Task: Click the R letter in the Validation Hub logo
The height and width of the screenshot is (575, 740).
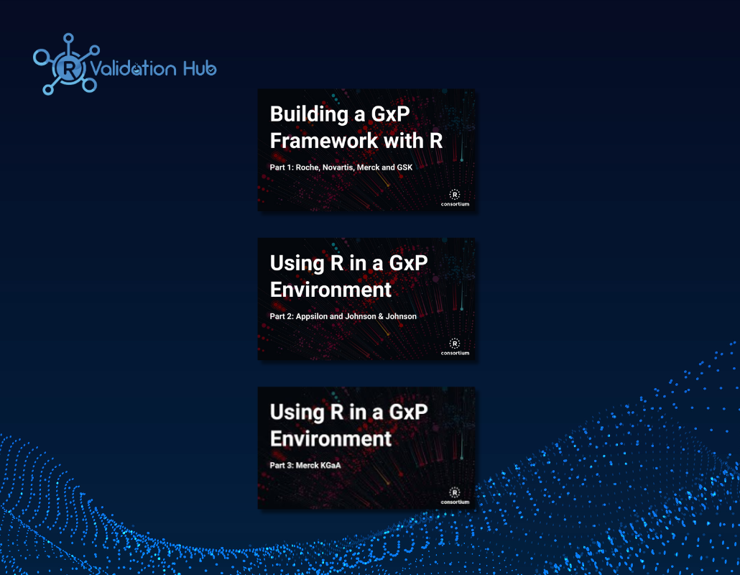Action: click(x=69, y=68)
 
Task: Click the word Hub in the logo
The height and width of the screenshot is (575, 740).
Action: click(x=200, y=68)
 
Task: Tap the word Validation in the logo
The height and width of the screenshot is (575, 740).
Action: click(x=133, y=68)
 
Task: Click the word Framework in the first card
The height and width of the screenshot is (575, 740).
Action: click(x=324, y=141)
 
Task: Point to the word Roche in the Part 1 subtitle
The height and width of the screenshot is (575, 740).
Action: click(x=307, y=167)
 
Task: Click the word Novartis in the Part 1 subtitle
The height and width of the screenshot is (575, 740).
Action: click(x=338, y=167)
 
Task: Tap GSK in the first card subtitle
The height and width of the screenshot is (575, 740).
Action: click(x=404, y=167)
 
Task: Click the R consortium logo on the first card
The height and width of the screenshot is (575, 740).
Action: click(x=455, y=198)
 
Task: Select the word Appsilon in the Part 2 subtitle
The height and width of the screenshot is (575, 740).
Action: click(x=312, y=317)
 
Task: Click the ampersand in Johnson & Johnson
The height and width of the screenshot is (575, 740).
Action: click(x=381, y=316)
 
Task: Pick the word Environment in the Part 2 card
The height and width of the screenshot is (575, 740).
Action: click(x=330, y=290)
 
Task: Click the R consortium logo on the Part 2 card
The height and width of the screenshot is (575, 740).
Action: click(x=455, y=346)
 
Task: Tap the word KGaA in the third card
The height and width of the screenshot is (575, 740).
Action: click(x=330, y=466)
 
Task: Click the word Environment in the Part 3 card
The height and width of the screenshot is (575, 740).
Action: click(x=330, y=438)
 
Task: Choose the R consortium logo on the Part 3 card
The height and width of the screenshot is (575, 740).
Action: click(x=455, y=496)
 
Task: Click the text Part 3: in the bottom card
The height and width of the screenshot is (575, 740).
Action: click(x=282, y=466)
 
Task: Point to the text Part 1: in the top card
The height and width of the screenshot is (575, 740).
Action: click(x=282, y=167)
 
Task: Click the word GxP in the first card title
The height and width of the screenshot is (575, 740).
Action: click(x=390, y=114)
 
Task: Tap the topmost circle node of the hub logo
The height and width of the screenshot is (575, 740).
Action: click(x=68, y=38)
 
